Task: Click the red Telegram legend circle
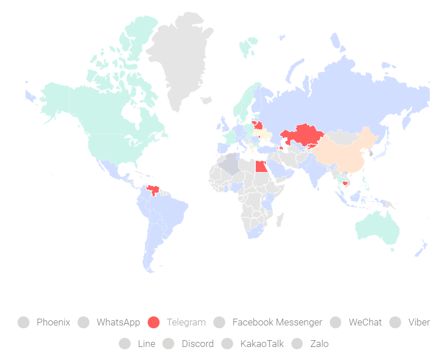pos(153,322)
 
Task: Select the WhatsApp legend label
pos(118,322)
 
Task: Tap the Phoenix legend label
pos(53,322)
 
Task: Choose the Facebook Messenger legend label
pos(277,322)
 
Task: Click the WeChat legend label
pos(365,322)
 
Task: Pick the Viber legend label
pos(419,322)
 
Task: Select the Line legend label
pos(146,344)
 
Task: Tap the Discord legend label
pos(197,344)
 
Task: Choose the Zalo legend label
pos(319,344)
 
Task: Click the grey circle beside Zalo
pos(298,344)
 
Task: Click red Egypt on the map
pos(261,167)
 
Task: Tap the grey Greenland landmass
pos(181,57)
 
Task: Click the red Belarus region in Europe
pos(257,125)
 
